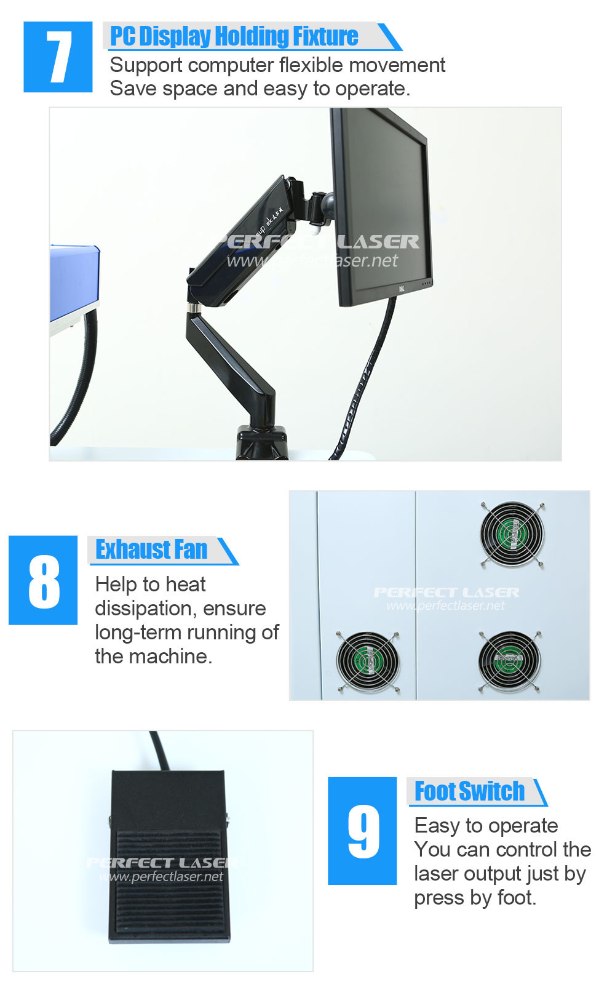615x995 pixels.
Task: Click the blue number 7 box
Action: coord(58,57)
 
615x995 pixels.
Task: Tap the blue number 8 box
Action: coord(43,580)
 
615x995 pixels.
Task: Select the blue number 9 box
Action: coord(362,831)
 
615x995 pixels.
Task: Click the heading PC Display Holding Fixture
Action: coord(234,36)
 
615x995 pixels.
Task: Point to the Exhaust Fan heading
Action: coord(151,549)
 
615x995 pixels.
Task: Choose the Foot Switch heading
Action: coord(469,791)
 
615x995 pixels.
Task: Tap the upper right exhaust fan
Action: coord(512,533)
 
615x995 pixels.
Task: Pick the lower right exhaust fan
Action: coord(509,661)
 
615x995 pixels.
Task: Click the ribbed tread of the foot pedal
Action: coord(169,884)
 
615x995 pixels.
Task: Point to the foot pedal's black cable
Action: coord(159,750)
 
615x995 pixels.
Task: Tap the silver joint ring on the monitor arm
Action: coord(194,308)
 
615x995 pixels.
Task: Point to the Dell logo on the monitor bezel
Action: coord(400,289)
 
